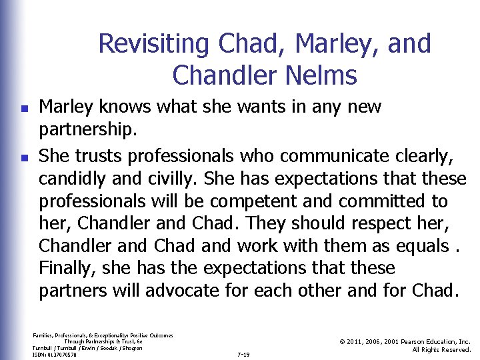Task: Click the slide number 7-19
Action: [243, 354]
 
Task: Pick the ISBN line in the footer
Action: [54, 355]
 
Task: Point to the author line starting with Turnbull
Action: [87, 348]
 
